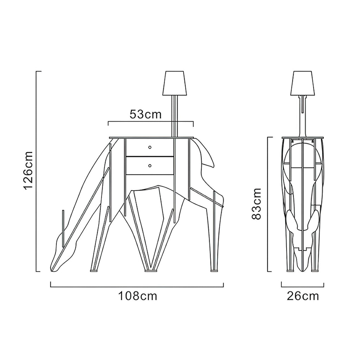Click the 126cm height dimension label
click(x=28, y=170)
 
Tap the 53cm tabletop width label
click(x=146, y=114)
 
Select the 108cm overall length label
click(x=137, y=296)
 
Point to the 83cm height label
click(x=256, y=204)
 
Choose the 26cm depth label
click(x=303, y=296)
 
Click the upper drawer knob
click(x=150, y=147)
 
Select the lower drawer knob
click(x=150, y=165)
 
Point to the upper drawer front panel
click(x=149, y=147)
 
